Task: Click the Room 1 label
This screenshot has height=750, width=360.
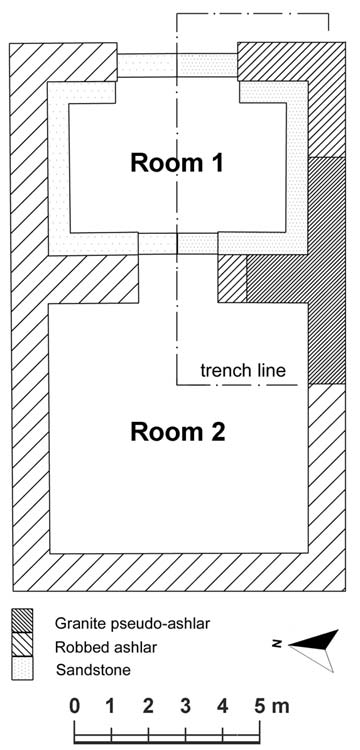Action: tap(177, 163)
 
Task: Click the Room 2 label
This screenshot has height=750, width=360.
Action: tap(177, 432)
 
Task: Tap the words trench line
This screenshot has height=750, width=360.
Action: tap(243, 370)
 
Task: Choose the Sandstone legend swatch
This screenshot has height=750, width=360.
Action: tap(22, 668)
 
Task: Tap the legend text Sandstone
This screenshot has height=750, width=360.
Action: tap(93, 670)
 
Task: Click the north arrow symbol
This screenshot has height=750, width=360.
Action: tap(314, 650)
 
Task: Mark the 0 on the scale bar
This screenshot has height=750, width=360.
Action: tap(74, 706)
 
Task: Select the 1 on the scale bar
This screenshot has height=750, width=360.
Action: tap(110, 706)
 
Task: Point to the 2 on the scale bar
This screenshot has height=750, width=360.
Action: tap(148, 706)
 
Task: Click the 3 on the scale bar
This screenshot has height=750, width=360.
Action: tap(185, 706)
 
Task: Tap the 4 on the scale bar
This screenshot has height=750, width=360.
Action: tap(222, 706)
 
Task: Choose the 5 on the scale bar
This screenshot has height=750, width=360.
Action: tap(260, 706)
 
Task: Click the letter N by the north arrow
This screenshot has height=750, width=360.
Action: tap(275, 645)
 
